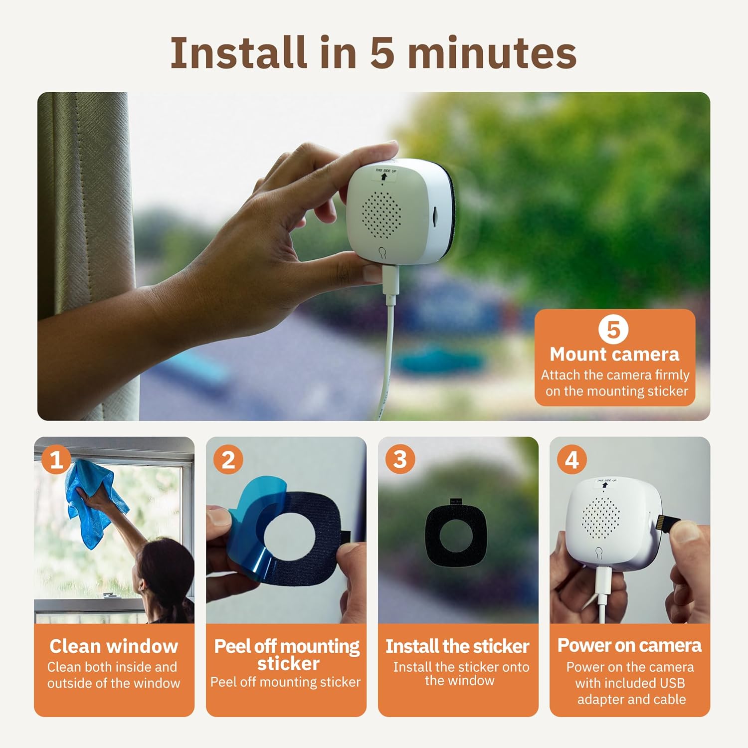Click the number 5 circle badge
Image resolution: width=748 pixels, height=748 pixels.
pos(613,330)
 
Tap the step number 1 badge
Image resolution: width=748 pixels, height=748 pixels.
pos(56,459)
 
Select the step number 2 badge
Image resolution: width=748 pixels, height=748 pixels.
pos(228,459)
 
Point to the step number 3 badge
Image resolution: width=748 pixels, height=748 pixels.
pos(400,459)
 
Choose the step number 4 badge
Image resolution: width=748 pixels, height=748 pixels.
pos(572,459)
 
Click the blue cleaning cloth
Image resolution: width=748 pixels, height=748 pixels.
pos(92,504)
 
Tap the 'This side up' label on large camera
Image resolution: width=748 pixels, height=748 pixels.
pos(384,174)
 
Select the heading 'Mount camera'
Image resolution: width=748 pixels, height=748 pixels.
pos(614,354)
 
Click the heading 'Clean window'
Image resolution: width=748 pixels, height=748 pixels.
pos(114,646)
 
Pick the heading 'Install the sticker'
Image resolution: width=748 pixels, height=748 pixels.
pos(457,646)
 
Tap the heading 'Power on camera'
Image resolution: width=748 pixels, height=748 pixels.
pos(629,645)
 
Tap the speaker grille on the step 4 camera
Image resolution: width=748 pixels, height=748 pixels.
pos(602,517)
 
